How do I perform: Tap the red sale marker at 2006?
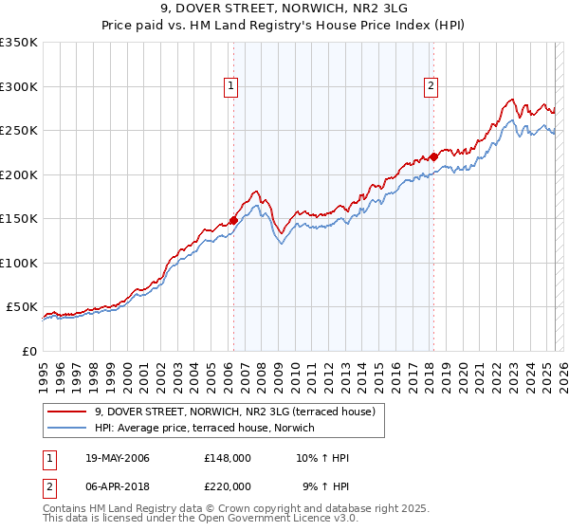[233, 220]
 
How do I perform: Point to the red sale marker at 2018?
[433, 156]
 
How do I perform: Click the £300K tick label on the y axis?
[19, 86]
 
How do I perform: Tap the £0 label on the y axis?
[28, 351]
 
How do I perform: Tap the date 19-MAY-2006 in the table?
[118, 459]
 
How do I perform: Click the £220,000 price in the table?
[227, 485]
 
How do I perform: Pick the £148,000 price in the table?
[227, 459]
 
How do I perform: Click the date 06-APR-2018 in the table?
[118, 485]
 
